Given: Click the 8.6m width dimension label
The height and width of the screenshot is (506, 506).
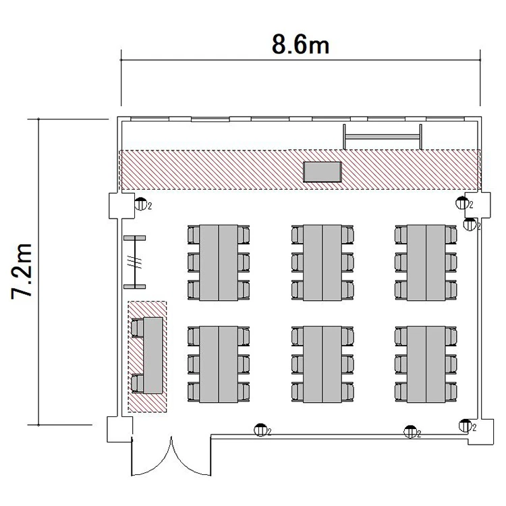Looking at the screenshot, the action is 300,45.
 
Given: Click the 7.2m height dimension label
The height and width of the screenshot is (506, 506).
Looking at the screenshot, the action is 22,272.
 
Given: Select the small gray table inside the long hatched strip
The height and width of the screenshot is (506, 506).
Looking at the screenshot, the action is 322,172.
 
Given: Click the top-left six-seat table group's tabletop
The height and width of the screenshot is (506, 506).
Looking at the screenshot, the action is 219,262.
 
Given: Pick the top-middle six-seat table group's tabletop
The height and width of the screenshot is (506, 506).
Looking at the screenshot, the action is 322,262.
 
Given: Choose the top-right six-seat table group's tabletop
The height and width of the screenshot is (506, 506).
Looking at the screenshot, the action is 426,262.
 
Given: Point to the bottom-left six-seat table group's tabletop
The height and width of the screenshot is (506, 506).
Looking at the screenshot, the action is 219,364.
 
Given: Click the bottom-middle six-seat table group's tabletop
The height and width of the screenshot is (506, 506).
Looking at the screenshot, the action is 322,364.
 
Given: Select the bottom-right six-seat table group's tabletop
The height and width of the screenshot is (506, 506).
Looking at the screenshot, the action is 426,364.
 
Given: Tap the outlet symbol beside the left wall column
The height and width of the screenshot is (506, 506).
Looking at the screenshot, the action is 141,204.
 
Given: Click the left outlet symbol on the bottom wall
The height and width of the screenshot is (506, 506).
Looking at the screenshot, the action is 260,430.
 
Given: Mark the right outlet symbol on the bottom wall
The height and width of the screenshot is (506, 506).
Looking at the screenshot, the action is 410,432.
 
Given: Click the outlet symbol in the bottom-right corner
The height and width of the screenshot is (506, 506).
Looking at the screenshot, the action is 465,426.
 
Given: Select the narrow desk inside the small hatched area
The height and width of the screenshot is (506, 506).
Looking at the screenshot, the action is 153,356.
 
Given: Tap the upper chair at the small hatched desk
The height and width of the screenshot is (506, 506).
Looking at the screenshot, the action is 137,328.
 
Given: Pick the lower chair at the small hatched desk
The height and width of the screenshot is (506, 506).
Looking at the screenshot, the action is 137,383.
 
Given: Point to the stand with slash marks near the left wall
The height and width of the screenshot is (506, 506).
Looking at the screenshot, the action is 134,262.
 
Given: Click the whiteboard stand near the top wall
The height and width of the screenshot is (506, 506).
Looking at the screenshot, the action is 383,136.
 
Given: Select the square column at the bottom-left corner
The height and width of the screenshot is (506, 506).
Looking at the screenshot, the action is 119,429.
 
